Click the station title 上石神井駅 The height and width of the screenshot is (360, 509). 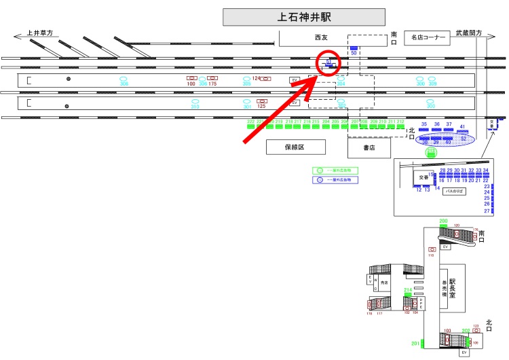pyautogui.click(x=303, y=17)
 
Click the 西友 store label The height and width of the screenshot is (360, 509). pyautogui.click(x=320, y=39)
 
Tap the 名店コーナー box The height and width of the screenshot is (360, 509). pyautogui.click(x=427, y=37)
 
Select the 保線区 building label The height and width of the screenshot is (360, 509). pyautogui.click(x=296, y=147)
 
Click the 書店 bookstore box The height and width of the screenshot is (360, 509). pyautogui.click(x=369, y=147)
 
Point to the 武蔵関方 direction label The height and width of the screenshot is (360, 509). pyautogui.click(x=469, y=32)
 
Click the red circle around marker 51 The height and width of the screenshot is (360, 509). pyautogui.click(x=329, y=63)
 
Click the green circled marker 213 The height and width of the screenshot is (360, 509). pyautogui.click(x=429, y=152)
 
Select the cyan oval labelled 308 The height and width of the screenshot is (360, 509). pyautogui.click(x=124, y=79)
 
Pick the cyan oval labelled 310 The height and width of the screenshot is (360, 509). pyautogui.click(x=195, y=103)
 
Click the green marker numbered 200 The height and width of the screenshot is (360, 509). pyautogui.click(x=444, y=223)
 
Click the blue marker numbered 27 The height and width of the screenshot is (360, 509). pyautogui.click(x=486, y=211)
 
